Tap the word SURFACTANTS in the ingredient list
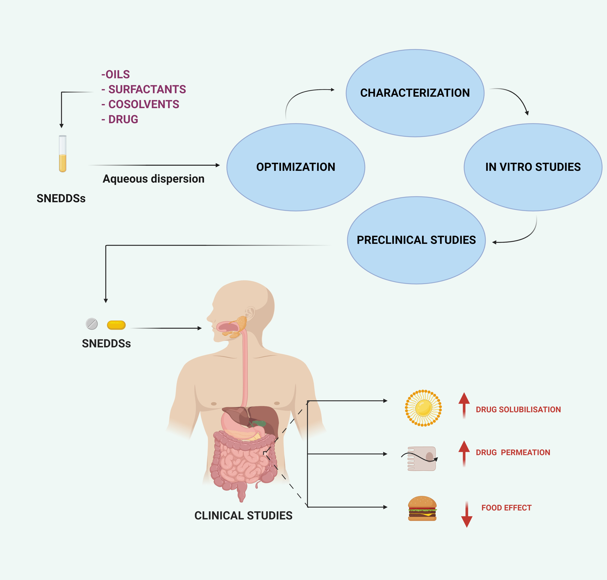click(x=147, y=89)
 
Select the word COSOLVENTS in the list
click(x=144, y=104)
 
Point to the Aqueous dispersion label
click(x=154, y=179)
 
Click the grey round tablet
click(x=92, y=324)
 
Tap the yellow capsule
click(x=116, y=325)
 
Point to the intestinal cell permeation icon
click(x=422, y=459)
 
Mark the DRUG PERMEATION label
click(x=513, y=452)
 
